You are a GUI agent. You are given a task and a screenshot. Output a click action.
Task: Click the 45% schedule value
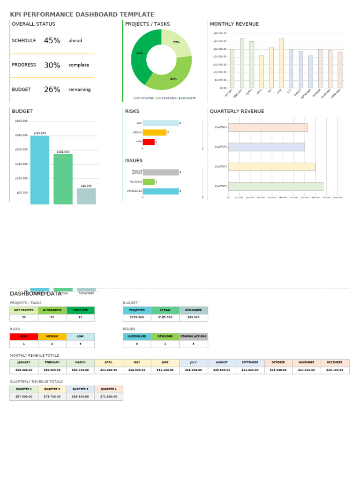[x=52, y=41]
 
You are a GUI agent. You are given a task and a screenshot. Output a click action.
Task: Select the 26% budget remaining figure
[x=52, y=90]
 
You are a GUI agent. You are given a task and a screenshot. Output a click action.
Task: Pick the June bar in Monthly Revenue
[x=281, y=63]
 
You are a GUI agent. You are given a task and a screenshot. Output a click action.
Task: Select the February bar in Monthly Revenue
[x=242, y=63]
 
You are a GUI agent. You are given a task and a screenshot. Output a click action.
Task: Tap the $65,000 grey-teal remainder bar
[x=86, y=196]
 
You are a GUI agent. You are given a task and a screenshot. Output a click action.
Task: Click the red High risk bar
[x=149, y=142]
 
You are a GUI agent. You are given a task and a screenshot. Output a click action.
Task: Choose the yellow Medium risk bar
[x=155, y=133]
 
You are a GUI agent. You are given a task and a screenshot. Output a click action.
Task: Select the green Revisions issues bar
[x=149, y=182]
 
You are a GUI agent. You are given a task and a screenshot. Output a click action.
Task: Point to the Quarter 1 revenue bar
[x=276, y=186]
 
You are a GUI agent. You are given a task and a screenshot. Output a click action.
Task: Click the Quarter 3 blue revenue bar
[x=266, y=147]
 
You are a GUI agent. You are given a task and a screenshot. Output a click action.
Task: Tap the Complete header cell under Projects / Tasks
[x=81, y=310]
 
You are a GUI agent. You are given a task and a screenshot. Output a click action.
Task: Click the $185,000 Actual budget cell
[x=165, y=317]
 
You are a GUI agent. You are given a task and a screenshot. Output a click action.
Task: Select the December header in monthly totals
[x=335, y=363]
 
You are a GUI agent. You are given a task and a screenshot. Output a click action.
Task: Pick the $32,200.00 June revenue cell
[x=165, y=370]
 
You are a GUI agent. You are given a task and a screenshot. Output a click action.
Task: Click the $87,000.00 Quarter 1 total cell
[x=24, y=397]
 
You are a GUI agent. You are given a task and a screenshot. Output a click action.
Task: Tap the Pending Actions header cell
[x=194, y=337]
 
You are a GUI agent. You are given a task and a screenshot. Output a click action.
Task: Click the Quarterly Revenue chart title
[x=237, y=112]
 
